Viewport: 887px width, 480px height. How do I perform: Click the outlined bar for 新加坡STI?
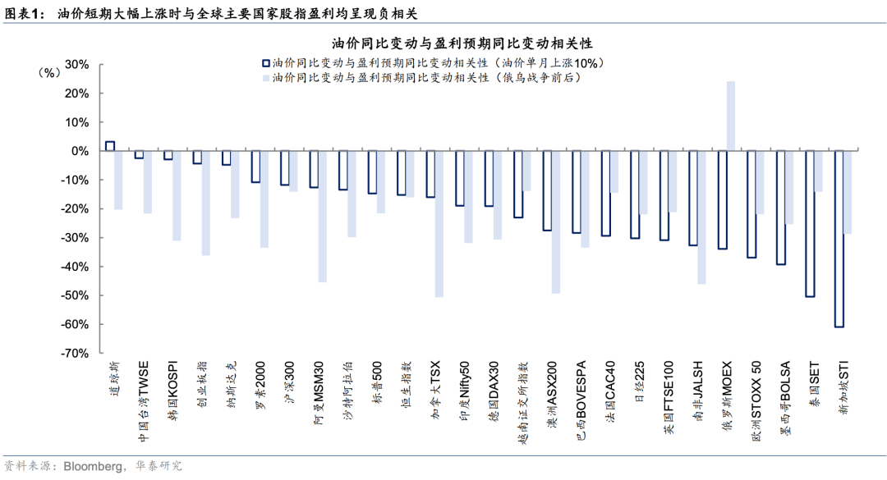coord(839,239)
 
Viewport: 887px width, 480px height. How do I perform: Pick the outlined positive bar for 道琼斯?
coord(110,146)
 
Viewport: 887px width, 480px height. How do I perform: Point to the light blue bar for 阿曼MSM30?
coord(323,217)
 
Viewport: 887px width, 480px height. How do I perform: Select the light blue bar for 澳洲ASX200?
coord(556,222)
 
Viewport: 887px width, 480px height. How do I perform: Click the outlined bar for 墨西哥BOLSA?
coord(781,208)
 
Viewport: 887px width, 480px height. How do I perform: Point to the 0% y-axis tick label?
coord(80,151)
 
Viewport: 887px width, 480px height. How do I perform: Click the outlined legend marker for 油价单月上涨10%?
coord(265,62)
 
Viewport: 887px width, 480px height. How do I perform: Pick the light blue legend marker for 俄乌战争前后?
coord(265,78)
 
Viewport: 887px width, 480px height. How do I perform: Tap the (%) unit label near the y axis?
coord(50,72)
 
